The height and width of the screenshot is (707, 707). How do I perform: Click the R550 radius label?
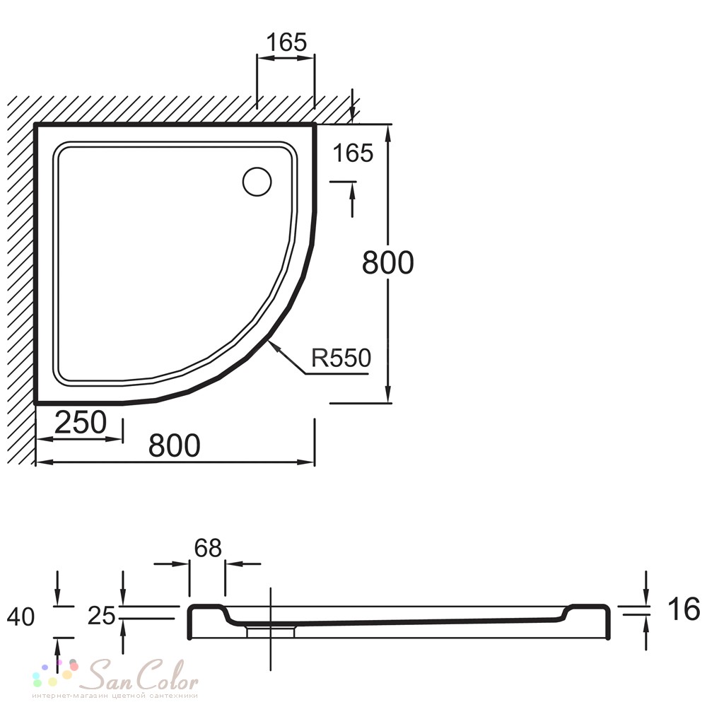pyautogui.click(x=341, y=358)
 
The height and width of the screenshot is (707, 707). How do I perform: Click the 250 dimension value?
pyautogui.click(x=81, y=423)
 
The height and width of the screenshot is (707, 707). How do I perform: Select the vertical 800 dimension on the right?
pyautogui.click(x=387, y=262)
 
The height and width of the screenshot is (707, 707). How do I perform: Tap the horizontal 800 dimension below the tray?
pyautogui.click(x=174, y=445)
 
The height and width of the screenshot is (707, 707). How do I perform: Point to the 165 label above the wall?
pyautogui.click(x=286, y=42)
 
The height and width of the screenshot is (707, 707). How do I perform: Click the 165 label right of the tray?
pyautogui.click(x=353, y=153)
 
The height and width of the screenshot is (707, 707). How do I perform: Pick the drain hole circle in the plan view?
pyautogui.click(x=257, y=182)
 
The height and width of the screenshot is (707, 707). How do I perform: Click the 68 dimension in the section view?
pyautogui.click(x=208, y=549)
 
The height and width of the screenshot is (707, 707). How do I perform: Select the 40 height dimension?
pyautogui.click(x=21, y=617)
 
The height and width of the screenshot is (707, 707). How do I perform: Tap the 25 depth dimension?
pyautogui.click(x=101, y=616)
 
